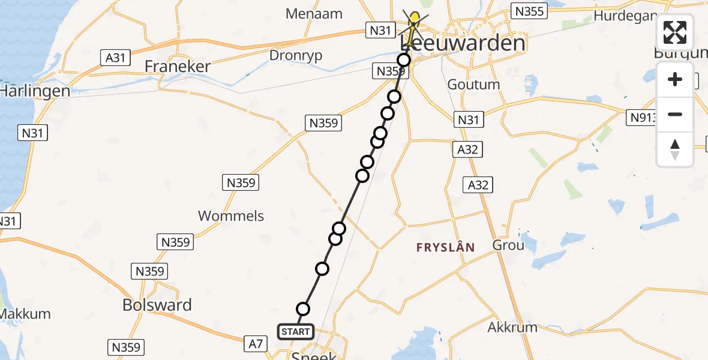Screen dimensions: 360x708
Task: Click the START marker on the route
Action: (295, 331)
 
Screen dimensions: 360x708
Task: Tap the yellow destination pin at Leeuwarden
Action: (414, 20)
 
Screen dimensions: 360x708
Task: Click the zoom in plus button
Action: (675, 79)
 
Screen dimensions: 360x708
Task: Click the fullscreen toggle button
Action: (675, 32)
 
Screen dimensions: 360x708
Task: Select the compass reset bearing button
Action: (675, 149)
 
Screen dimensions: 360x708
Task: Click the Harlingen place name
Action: (35, 91)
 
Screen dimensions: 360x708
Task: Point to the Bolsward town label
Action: (157, 305)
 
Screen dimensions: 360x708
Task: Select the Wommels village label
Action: (231, 216)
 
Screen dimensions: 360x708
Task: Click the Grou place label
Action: (508, 245)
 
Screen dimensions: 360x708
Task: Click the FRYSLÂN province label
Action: (446, 247)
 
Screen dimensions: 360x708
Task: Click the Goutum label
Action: (473, 85)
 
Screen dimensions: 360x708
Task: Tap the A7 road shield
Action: (256, 344)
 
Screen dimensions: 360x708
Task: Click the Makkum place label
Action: (24, 314)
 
